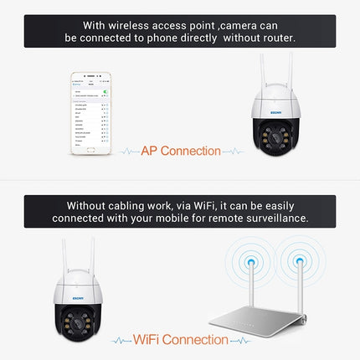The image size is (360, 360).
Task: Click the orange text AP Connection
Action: [180, 152]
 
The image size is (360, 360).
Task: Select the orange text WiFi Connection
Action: [180, 339]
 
